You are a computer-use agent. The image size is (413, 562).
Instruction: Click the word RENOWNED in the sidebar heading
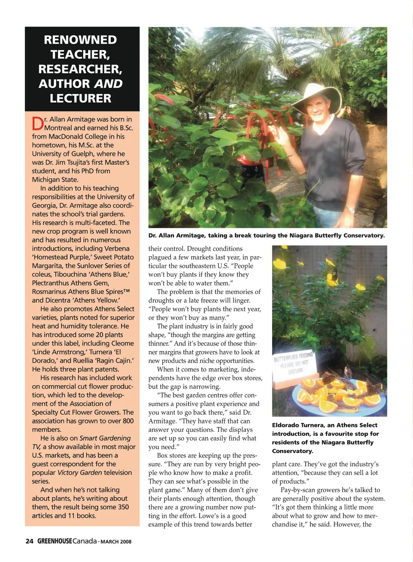click(80, 40)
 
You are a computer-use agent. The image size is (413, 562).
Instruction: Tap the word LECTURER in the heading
click(80, 98)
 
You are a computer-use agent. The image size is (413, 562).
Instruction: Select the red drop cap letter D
click(38, 124)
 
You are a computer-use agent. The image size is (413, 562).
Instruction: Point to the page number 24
click(29, 541)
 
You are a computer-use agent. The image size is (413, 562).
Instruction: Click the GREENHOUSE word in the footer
click(55, 541)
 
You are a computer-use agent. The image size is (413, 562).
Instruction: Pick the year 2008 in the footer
click(126, 541)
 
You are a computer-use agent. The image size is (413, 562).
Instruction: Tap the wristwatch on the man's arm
click(351, 210)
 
